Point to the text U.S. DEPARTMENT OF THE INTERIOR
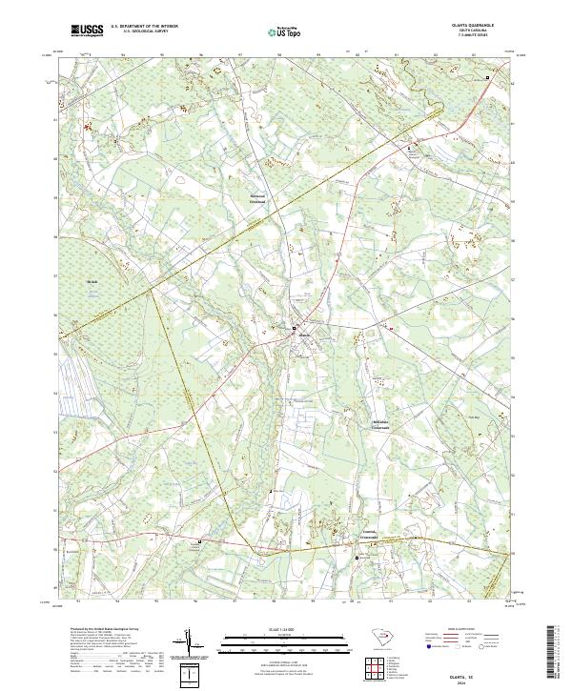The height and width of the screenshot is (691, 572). point(144,27)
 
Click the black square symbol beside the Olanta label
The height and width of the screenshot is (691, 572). point(294,330)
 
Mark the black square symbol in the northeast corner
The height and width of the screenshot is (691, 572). point(488,77)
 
